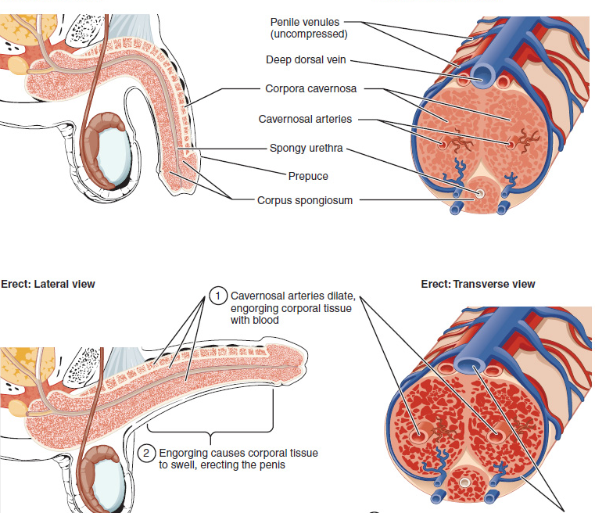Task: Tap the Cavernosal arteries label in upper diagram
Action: point(305,119)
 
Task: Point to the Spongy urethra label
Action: point(306,148)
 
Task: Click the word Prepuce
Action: point(308,176)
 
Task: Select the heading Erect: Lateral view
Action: point(48,284)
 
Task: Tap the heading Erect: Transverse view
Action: point(478,284)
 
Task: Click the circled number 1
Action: point(218,296)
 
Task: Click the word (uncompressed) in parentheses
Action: point(309,34)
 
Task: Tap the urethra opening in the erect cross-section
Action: point(465,483)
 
